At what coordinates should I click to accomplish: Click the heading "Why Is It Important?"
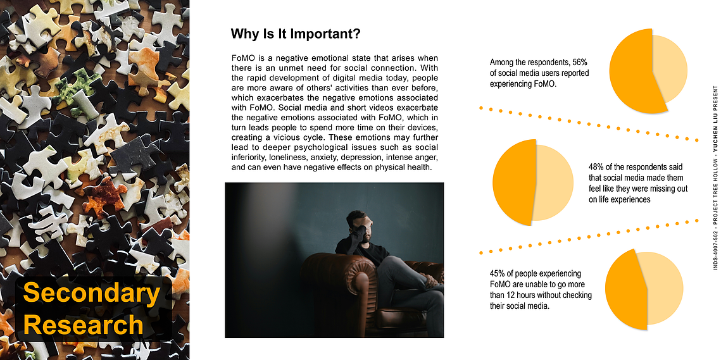295,34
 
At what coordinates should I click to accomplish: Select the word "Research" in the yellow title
83,324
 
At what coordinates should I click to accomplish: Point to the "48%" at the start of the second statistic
596,166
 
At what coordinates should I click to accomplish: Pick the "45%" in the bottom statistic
498,273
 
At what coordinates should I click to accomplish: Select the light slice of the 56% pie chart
670,69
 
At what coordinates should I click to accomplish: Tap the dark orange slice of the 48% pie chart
513,182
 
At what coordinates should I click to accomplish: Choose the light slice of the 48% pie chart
553,182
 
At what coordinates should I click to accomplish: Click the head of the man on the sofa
357,225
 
